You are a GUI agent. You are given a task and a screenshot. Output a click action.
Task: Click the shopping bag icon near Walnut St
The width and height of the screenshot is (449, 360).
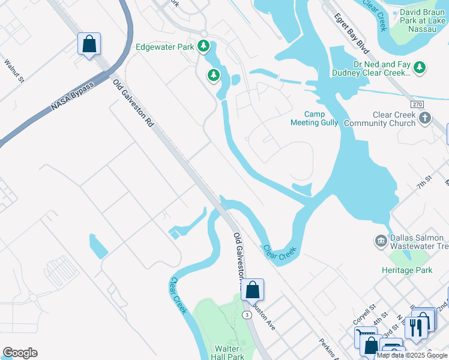click(x=89, y=44)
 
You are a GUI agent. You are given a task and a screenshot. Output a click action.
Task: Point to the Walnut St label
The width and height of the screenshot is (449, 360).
click(x=13, y=70)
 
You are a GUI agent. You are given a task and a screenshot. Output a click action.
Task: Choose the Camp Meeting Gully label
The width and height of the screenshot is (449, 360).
click(x=314, y=118)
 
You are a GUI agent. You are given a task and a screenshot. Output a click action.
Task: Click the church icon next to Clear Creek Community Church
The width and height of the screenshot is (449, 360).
click(x=425, y=118)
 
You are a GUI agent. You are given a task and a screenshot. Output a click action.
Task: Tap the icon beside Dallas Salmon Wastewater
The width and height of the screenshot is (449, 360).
click(x=380, y=241)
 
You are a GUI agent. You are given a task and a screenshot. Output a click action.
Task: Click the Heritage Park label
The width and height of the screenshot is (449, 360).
click(x=406, y=271)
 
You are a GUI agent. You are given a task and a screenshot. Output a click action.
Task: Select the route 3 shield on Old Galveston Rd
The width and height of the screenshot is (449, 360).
click(x=246, y=315)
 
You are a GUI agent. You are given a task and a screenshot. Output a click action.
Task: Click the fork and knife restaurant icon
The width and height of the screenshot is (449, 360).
click(x=414, y=326)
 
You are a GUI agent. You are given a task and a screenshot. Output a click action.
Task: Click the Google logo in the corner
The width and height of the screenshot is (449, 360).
click(x=20, y=353)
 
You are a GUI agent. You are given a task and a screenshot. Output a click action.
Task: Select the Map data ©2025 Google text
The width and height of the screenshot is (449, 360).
click(x=412, y=355)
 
